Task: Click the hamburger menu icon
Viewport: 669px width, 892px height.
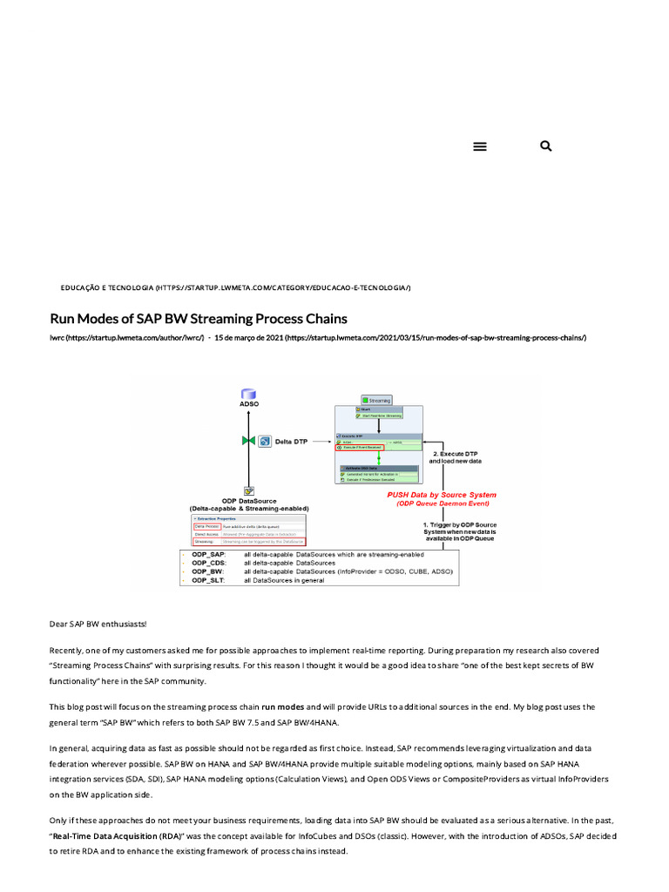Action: tap(479, 146)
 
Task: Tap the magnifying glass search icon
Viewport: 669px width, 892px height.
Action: tap(546, 146)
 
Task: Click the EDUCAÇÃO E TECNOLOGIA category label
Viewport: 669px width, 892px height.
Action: tap(107, 287)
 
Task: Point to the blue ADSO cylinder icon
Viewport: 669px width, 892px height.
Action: tap(248, 394)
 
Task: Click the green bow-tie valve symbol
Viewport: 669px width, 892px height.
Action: tap(248, 442)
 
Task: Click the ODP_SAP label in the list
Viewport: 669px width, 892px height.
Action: tap(208, 554)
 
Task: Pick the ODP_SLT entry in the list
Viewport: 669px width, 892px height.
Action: tap(208, 580)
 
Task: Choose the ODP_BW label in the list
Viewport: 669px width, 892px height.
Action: tap(207, 571)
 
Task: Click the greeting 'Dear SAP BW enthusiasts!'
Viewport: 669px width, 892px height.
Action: tap(98, 624)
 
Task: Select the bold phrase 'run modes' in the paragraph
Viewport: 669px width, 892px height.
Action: tap(283, 706)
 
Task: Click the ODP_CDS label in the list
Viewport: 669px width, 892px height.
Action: tap(208, 563)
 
